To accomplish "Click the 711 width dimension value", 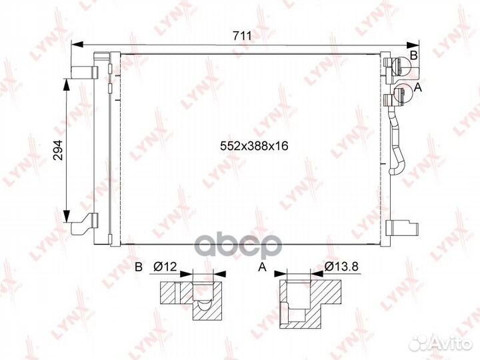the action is click(242, 36).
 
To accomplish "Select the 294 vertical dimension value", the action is click(58, 150).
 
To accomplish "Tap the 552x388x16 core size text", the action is click(254, 146).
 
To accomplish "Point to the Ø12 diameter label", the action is click(165, 267).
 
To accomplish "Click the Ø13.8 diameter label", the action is click(341, 267).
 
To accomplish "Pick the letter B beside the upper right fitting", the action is click(414, 55).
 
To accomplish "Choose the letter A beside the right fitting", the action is click(417, 87).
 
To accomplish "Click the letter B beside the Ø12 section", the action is click(139, 267).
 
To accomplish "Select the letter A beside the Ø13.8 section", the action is click(263, 267).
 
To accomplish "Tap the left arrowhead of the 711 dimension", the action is click(77, 45).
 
